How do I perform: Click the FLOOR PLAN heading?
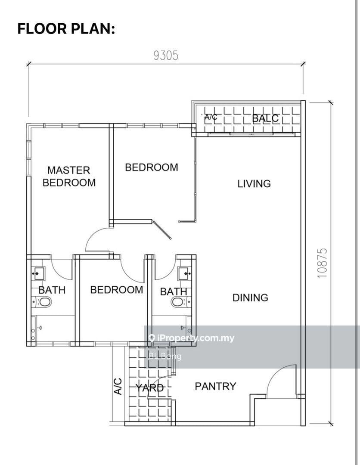click(66, 29)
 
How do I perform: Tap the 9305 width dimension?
click(166, 56)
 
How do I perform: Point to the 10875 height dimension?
click(322, 263)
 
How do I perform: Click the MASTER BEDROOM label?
click(69, 176)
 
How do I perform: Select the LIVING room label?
click(254, 183)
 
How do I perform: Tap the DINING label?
click(250, 298)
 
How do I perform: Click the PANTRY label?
click(216, 386)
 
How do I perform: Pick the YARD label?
click(150, 387)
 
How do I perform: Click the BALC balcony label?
click(265, 118)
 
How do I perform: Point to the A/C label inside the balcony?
click(211, 117)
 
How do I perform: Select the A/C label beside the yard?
click(118, 386)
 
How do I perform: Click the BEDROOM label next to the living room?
click(152, 167)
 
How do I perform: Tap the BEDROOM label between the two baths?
click(117, 290)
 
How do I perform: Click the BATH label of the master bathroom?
click(52, 290)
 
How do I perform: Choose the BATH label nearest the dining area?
click(174, 291)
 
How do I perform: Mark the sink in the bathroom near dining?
click(184, 273)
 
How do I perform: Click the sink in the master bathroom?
click(38, 273)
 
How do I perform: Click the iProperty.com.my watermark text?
click(191, 338)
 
